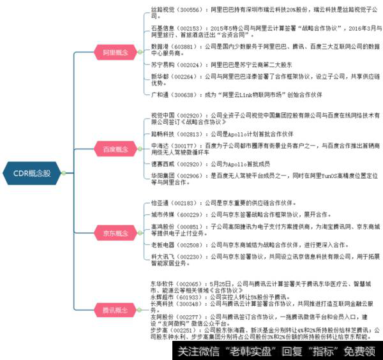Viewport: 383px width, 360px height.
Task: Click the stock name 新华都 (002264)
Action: [160, 77]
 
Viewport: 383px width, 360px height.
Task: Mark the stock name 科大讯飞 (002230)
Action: [162, 256]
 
